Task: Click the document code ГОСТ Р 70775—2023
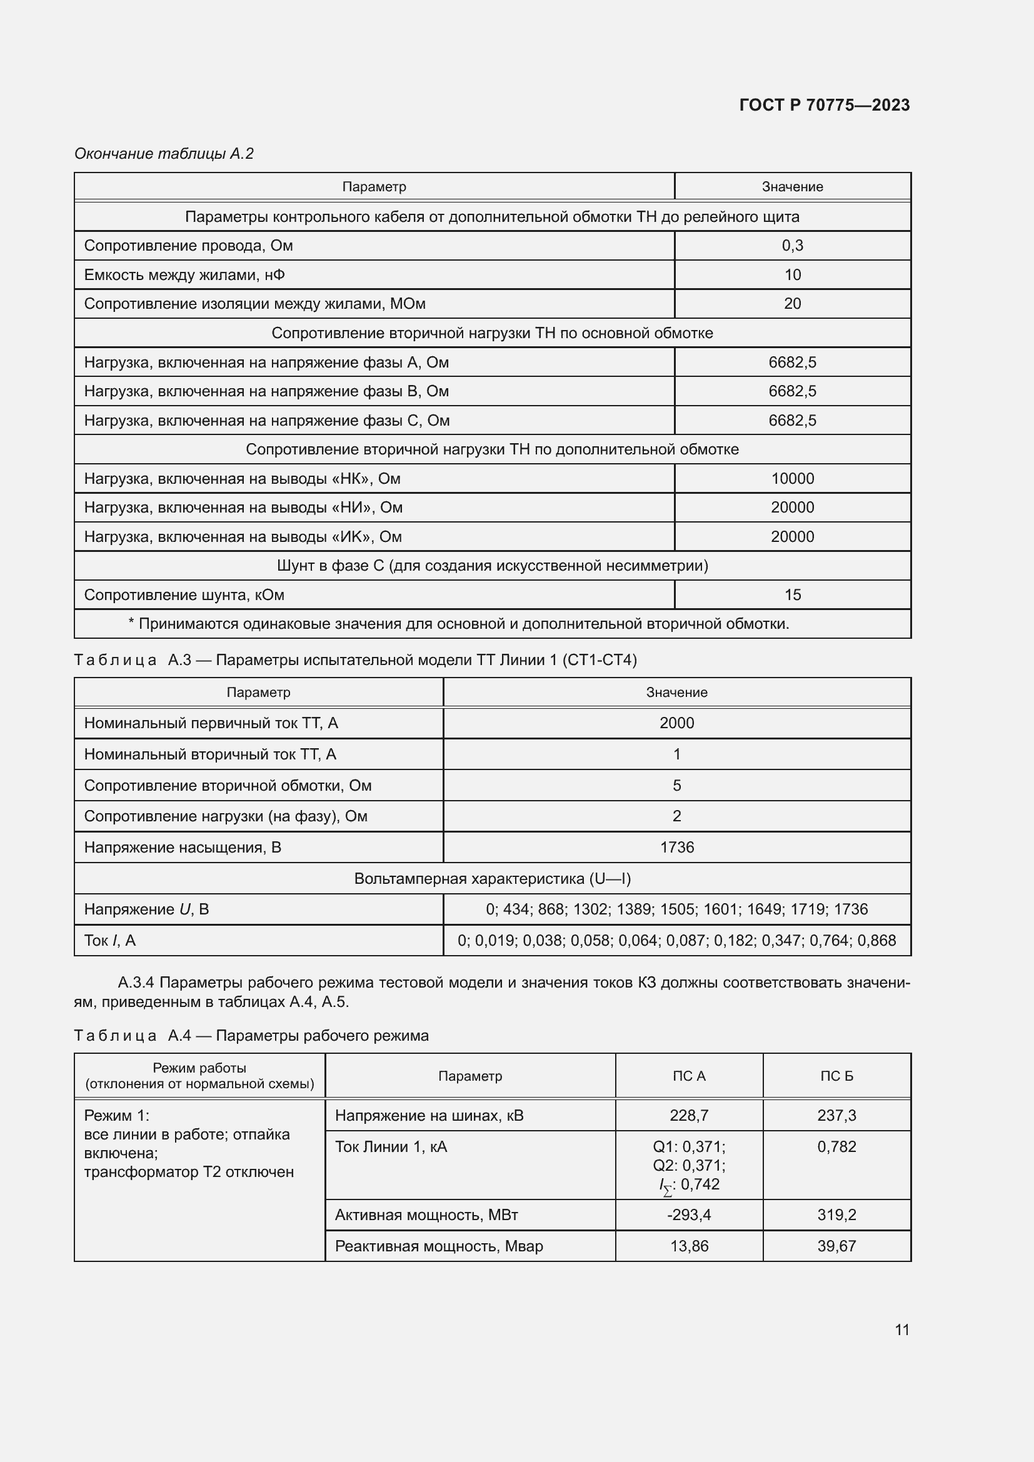(824, 105)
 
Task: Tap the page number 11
(901, 1329)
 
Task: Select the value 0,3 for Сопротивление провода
(792, 245)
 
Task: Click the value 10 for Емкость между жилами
(792, 274)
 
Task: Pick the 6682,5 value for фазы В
(792, 391)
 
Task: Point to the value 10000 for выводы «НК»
(792, 478)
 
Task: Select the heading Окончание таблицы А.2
(164, 154)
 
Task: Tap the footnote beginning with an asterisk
(458, 623)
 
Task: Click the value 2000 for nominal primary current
(676, 723)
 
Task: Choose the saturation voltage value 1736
(676, 847)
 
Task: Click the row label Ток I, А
(109, 941)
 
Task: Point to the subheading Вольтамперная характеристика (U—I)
(491, 879)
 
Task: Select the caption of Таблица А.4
(251, 1035)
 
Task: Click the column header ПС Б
(836, 1076)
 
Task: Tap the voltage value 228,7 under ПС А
(688, 1115)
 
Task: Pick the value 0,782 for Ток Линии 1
(836, 1146)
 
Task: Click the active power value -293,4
(688, 1214)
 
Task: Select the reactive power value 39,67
(836, 1246)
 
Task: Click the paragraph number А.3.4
(136, 983)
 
